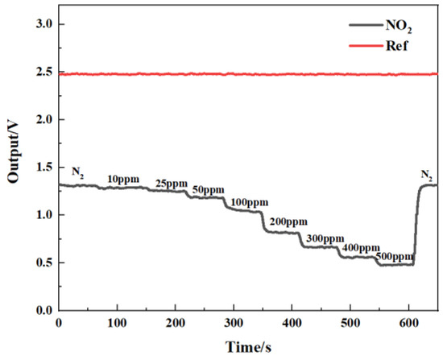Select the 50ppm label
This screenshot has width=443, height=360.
pos(208,190)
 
